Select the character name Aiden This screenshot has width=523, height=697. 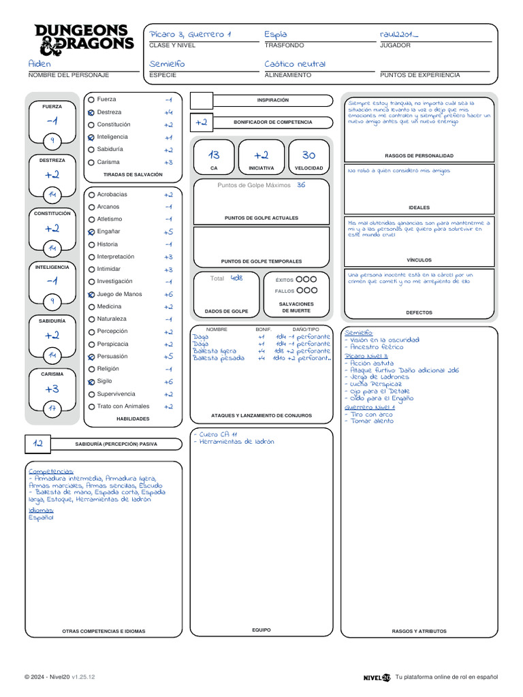(40, 63)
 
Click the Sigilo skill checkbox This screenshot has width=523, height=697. (91, 383)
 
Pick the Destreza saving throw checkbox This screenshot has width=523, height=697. (91, 112)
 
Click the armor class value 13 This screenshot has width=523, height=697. (214, 155)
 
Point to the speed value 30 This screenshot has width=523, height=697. (308, 155)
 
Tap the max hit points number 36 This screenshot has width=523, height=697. (301, 184)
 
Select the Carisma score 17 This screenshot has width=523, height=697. (52, 409)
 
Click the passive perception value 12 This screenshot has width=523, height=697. (39, 443)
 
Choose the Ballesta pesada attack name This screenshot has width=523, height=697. (218, 358)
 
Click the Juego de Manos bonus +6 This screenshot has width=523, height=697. (168, 294)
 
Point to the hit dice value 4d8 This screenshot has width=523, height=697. (236, 278)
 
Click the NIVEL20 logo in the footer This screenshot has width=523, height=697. (377, 677)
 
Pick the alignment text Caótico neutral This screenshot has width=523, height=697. (295, 63)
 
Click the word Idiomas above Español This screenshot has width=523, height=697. (40, 510)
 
